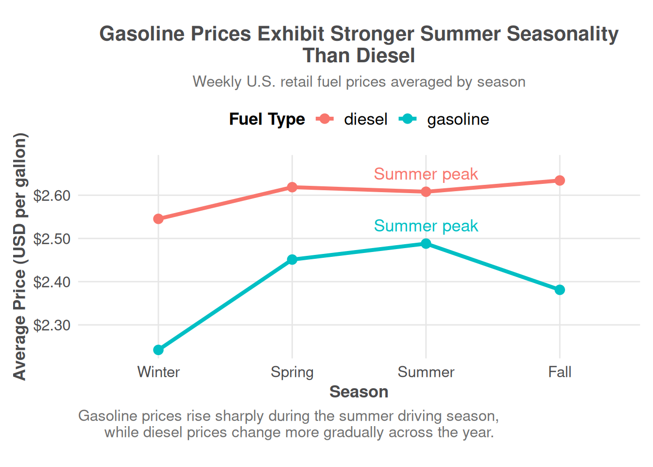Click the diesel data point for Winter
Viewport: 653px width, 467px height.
(x=158, y=219)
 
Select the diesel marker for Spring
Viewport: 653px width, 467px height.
(x=292, y=187)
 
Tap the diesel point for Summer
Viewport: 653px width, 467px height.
(x=426, y=192)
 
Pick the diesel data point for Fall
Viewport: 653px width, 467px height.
(x=560, y=180)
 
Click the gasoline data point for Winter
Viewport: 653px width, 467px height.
(x=158, y=350)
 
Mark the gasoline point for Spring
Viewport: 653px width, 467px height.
(x=292, y=260)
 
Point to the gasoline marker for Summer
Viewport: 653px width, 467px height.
(x=426, y=244)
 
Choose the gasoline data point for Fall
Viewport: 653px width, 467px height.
(x=560, y=290)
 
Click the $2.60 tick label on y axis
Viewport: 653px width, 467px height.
(x=52, y=196)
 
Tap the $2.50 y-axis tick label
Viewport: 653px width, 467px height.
(x=52, y=239)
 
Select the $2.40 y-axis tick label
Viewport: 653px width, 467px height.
(x=52, y=282)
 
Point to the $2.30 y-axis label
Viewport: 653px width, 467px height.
(x=52, y=325)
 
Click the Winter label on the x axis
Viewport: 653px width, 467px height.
(x=158, y=372)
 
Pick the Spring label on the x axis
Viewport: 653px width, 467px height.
(x=292, y=372)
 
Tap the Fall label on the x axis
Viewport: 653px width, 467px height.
(x=560, y=372)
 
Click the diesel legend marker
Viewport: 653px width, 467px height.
(x=325, y=119)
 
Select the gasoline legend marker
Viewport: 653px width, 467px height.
(x=408, y=119)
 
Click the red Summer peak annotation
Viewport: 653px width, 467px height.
(x=426, y=174)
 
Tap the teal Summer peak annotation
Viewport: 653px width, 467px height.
(x=426, y=226)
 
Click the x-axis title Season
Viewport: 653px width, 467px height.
(x=359, y=392)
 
